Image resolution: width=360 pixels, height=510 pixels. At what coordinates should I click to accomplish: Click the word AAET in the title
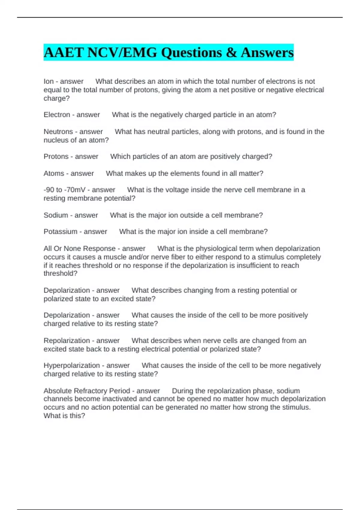(64, 52)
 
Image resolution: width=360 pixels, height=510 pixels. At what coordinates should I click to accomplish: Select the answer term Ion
(49, 81)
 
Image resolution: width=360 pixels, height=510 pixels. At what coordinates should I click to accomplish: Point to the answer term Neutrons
(58, 132)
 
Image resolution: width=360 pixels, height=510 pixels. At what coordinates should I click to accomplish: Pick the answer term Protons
(56, 157)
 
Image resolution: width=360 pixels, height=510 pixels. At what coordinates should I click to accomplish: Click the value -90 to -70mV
(64, 190)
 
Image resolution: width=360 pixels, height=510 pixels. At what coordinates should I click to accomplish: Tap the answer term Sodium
(55, 215)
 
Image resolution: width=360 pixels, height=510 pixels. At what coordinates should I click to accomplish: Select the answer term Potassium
(60, 232)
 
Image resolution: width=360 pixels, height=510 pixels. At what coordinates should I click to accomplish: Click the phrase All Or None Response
(79, 249)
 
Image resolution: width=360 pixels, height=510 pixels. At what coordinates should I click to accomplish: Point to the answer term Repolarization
(67, 341)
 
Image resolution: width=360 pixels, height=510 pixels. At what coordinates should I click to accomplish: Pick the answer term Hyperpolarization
(72, 365)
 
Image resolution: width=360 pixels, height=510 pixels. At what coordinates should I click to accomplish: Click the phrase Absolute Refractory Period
(87, 391)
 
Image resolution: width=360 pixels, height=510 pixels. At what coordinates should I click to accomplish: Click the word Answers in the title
(267, 52)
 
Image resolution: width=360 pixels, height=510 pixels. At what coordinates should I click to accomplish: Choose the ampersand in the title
(231, 52)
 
